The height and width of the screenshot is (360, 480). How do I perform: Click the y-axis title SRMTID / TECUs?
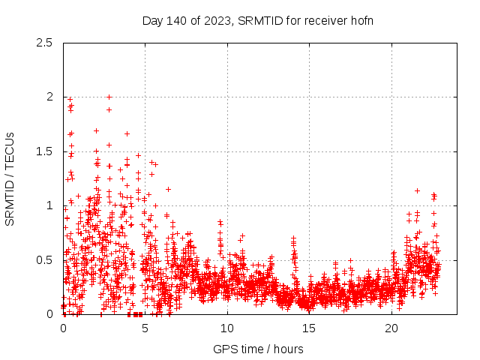[10, 178]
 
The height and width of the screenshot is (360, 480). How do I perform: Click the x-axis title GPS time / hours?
[258, 349]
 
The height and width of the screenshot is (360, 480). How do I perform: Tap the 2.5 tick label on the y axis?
[44, 43]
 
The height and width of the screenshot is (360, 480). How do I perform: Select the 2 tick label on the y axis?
[49, 97]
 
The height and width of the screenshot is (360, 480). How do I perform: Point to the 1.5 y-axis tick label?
[44, 151]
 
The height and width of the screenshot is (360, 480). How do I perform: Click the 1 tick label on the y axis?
[49, 205]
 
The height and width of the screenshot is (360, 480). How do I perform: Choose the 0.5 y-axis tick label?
[44, 260]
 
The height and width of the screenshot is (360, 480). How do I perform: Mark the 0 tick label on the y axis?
[49, 314]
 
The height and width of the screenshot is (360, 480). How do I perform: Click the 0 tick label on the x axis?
[63, 328]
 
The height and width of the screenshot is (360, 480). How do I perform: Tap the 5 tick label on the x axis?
[145, 328]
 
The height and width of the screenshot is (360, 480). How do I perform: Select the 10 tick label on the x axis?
[227, 328]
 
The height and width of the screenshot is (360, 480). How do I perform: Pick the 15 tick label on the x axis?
[309, 328]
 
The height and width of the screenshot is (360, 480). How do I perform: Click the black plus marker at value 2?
[109, 97]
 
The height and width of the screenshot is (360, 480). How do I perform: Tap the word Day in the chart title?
[152, 20]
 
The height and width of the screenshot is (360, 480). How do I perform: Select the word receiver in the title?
[322, 20]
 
